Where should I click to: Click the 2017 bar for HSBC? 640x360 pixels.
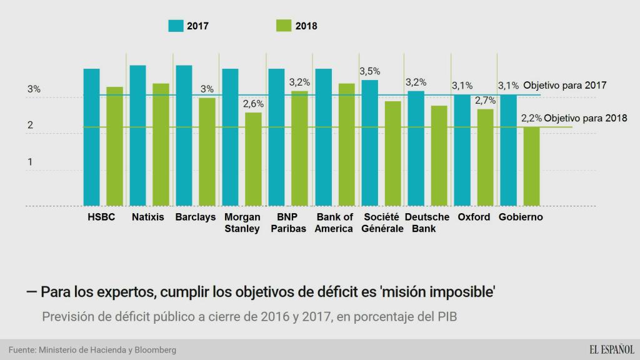[92, 137]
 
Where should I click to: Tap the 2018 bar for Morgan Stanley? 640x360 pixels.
[253, 159]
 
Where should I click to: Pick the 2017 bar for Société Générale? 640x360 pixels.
[369, 143]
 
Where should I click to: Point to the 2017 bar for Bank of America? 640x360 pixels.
[323, 137]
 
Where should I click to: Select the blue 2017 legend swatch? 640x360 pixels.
[176, 26]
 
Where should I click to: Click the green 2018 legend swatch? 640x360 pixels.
[283, 26]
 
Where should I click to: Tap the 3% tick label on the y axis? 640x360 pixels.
[34, 90]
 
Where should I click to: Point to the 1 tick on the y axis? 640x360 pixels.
[29, 162]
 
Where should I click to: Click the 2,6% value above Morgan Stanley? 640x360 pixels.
[253, 104]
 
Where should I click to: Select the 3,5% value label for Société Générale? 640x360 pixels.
[369, 72]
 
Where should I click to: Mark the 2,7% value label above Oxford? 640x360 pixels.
[485, 101]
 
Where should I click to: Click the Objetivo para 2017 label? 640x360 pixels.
[565, 85]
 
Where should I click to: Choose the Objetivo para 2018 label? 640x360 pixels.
[585, 118]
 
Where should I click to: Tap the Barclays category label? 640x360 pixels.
[196, 217]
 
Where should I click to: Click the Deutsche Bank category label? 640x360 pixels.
[427, 222]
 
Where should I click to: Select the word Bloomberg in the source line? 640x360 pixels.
[154, 350]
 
